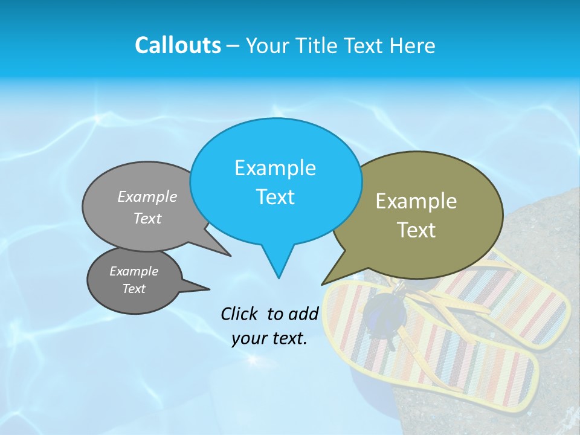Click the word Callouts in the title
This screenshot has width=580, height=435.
[x=178, y=45]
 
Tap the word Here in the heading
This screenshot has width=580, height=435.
[x=413, y=46]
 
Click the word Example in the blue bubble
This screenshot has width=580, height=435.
[x=275, y=168]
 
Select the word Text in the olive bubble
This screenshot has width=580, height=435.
[x=416, y=230]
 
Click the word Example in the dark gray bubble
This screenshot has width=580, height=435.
[x=134, y=271]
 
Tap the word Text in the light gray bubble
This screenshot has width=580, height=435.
[x=147, y=218]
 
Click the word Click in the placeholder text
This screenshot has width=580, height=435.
[x=239, y=314]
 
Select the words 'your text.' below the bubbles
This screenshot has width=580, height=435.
[x=269, y=339]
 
